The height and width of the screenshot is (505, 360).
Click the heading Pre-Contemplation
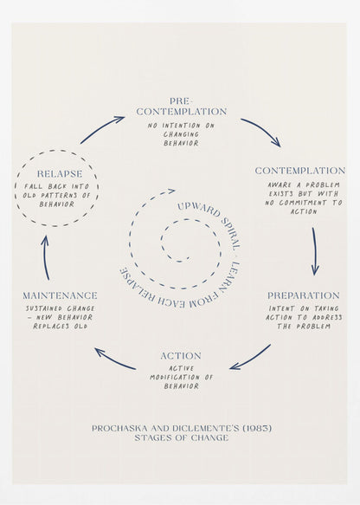tap(181, 107)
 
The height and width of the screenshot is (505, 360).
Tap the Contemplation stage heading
tap(300, 171)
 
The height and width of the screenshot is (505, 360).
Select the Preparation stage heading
tap(303, 295)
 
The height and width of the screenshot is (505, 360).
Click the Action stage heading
tap(181, 356)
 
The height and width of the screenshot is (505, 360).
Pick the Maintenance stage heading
tap(60, 295)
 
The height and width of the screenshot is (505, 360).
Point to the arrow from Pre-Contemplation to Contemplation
tap(260, 131)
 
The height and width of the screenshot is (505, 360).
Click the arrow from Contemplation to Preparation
tap(315, 250)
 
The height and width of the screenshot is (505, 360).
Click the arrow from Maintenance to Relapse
tap(46, 255)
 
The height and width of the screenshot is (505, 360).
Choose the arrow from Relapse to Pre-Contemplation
tap(102, 129)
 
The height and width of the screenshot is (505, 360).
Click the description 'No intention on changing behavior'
tap(181, 134)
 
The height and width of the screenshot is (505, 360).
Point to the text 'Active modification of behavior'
tap(181, 377)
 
